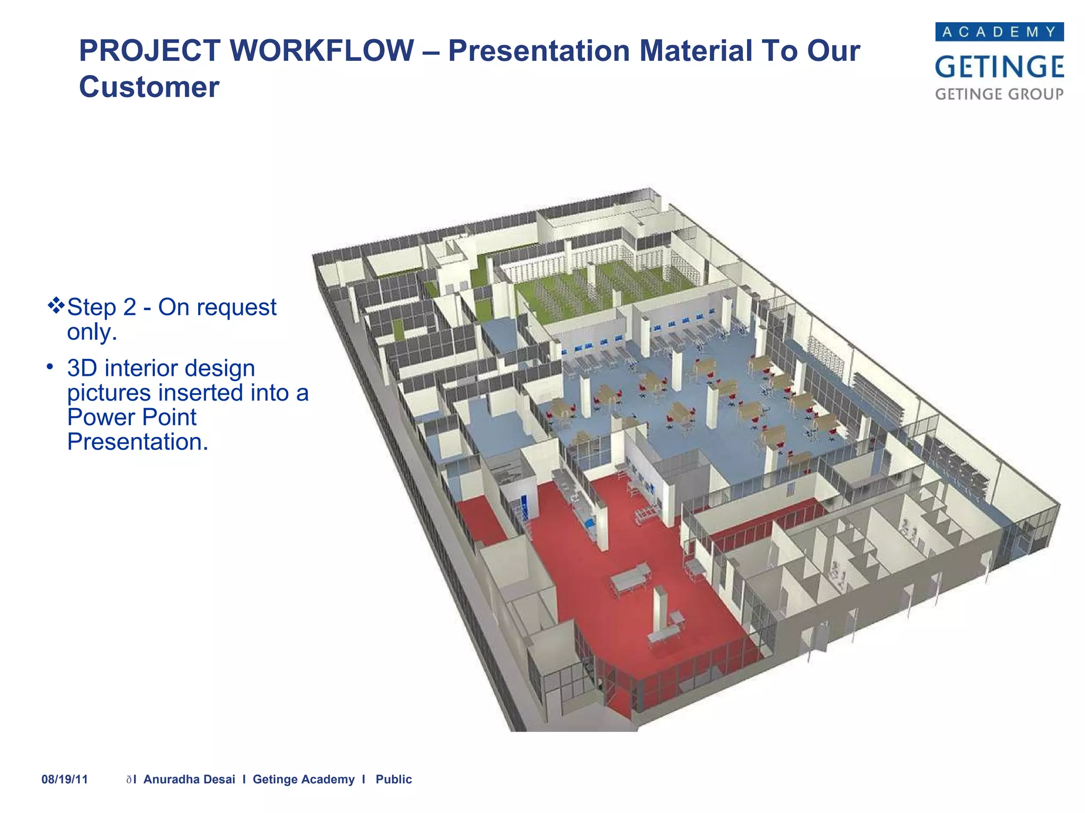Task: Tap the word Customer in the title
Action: [149, 87]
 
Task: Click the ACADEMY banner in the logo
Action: [999, 32]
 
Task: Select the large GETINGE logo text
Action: [999, 67]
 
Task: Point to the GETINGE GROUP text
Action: [999, 94]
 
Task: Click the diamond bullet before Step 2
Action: [56, 305]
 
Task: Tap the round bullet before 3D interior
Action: [50, 366]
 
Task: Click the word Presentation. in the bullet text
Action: [138, 442]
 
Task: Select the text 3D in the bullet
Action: [82, 368]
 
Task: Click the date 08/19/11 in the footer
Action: [65, 779]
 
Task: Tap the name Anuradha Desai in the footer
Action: [189, 779]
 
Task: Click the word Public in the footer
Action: [394, 779]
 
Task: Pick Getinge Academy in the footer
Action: [304, 779]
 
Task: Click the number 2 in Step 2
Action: [129, 308]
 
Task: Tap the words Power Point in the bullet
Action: [131, 418]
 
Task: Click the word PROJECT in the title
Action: [150, 51]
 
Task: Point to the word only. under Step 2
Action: [92, 332]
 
